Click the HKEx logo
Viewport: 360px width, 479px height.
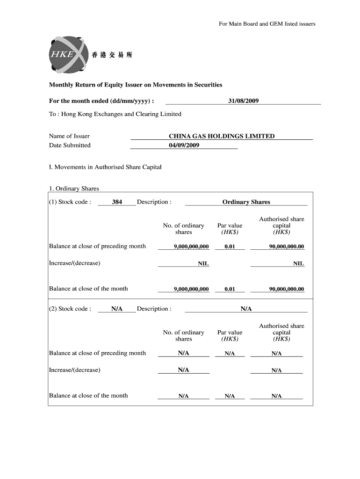[66, 55]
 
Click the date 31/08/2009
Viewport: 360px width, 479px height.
[243, 101]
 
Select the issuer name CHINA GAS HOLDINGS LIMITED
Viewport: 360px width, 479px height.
[222, 136]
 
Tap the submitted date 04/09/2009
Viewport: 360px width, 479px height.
[184, 145]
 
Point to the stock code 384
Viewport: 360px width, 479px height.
[117, 202]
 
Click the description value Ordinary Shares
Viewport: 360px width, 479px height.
[246, 202]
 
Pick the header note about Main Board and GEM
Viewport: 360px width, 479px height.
[267, 24]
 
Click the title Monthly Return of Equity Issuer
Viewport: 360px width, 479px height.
[136, 85]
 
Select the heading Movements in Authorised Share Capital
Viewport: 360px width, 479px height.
[105, 167]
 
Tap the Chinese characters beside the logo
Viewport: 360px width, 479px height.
[112, 55]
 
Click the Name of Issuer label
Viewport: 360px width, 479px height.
[69, 136]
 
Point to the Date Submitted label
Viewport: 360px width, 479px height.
[70, 145]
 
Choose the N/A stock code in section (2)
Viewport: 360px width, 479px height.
[117, 309]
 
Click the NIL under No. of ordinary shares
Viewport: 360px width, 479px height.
[203, 263]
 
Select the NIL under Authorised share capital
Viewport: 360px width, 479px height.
[298, 263]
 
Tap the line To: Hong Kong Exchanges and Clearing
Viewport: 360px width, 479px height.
[115, 114]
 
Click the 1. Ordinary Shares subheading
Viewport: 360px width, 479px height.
[74, 189]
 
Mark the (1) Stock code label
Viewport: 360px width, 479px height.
[70, 202]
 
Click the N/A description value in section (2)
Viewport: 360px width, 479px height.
[246, 309]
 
